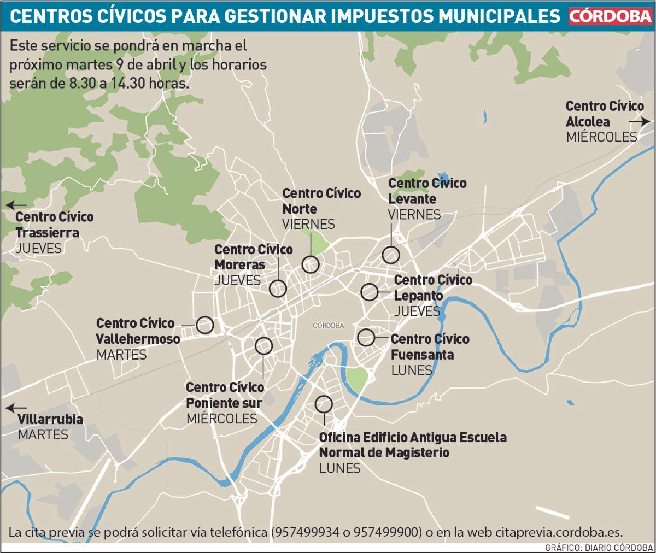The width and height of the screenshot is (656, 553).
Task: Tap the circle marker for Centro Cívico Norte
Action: pyautogui.click(x=311, y=264)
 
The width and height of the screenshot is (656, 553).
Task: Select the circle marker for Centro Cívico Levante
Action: pyautogui.click(x=391, y=255)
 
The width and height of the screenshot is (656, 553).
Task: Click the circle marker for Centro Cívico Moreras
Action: pyautogui.click(x=278, y=288)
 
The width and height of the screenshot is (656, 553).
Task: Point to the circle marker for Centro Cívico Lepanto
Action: pyautogui.click(x=370, y=292)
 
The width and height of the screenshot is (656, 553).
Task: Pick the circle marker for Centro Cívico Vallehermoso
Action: pyautogui.click(x=205, y=325)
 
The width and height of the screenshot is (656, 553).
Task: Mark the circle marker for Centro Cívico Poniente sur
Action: pyautogui.click(x=263, y=345)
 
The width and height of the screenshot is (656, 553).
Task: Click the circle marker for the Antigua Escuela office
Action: pyautogui.click(x=324, y=404)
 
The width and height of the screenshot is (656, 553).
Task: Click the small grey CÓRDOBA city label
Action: pyautogui.click(x=328, y=325)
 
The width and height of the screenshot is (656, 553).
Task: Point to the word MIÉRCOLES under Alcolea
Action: pyautogui.click(x=601, y=137)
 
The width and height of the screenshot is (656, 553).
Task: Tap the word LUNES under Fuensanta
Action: pyautogui.click(x=412, y=370)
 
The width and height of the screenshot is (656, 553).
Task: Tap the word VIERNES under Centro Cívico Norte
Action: pyautogui.click(x=308, y=224)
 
